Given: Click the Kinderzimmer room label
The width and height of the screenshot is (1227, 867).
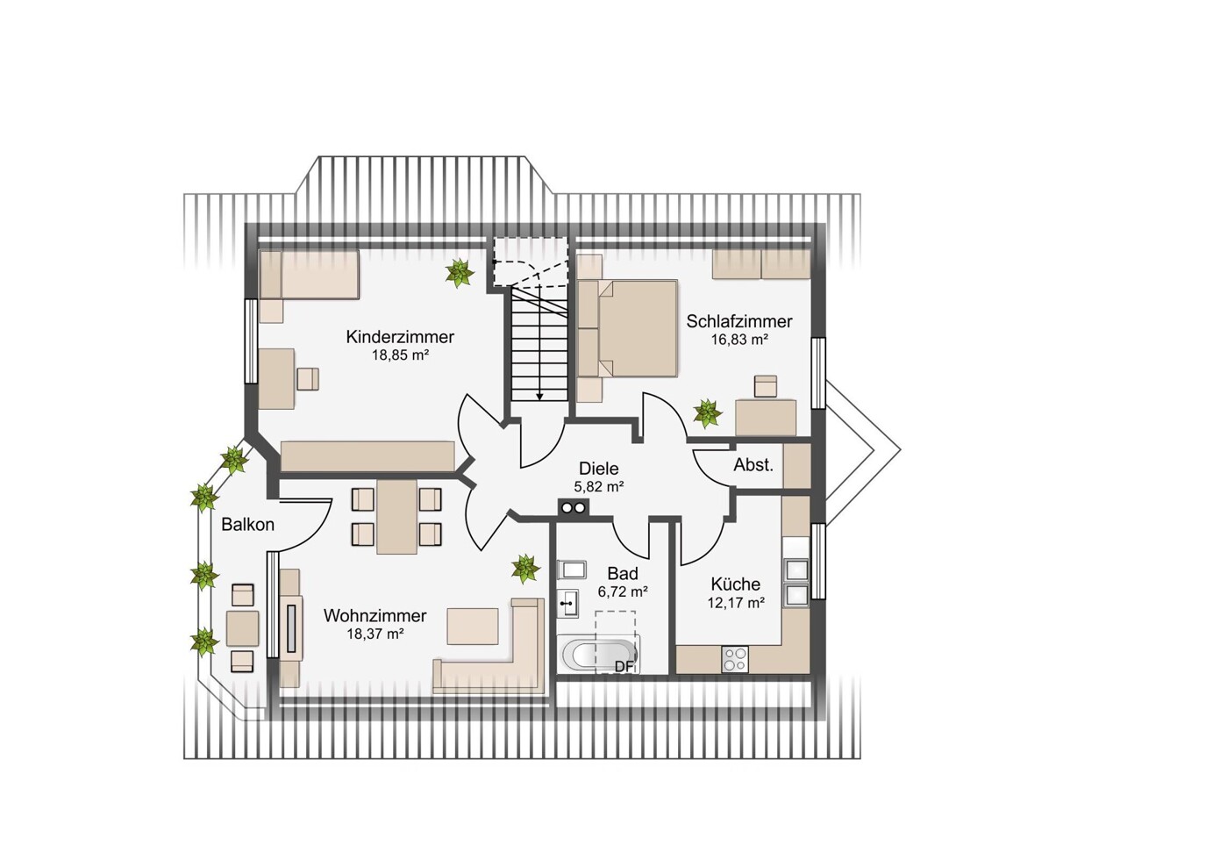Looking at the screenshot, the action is pos(400,336).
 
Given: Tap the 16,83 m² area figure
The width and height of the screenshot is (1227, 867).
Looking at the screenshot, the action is pos(739,340).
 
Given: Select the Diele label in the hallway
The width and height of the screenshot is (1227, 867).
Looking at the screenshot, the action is pos(599,469).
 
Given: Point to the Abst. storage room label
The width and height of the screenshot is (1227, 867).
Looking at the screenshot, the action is pos(753,465).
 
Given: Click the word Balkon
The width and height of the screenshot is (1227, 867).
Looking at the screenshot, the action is pos(247,525).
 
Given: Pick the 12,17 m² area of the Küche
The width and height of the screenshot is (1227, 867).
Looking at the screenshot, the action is pos(736,604).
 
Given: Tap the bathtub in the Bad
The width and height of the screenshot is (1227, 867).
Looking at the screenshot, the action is pos(597,654).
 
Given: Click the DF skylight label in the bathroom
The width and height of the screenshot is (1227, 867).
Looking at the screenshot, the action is pos(624,666).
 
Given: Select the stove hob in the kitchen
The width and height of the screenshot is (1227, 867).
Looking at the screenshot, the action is pos(735,659).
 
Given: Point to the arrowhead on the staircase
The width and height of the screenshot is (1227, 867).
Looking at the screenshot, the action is pos(539,396).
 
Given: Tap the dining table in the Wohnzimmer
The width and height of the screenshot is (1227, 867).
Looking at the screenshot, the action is pos(396,517).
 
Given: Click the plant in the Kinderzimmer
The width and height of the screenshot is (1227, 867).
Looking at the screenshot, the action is pos(459,272).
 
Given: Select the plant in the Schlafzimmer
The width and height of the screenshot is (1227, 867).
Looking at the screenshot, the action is pos(707,413).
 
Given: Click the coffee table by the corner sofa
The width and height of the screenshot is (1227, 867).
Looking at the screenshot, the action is pos(473,626).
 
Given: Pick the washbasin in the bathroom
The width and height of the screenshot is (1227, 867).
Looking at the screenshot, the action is pos(568,605).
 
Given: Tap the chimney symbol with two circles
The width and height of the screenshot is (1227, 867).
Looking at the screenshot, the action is pos(574,507).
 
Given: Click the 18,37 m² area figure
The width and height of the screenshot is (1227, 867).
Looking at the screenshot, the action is pos(375,634).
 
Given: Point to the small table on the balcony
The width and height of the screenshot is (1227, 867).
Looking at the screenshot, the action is pos(242,628).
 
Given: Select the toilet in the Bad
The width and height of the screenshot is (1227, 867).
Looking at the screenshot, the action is pos(571,570).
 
